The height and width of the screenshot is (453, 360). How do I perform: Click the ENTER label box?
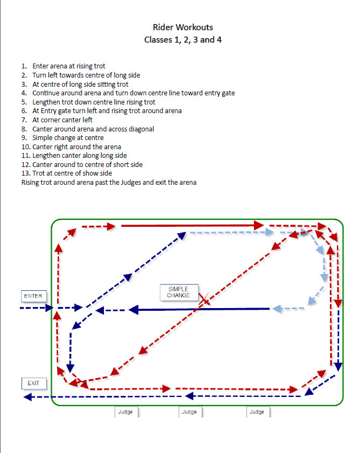point(34,296)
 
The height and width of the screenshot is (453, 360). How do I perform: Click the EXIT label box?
point(34,384)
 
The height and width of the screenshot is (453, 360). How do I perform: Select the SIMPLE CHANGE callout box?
point(179,292)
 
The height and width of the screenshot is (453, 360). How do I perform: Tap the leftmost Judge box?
point(126,412)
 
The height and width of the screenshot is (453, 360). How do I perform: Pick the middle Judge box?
point(190,412)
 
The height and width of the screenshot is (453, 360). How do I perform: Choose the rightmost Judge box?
point(258,412)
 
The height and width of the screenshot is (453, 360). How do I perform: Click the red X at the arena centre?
point(204,299)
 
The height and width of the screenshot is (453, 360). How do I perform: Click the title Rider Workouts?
point(183,27)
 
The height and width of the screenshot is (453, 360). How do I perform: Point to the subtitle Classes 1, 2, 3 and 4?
point(183,39)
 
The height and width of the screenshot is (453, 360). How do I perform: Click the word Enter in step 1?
point(41,66)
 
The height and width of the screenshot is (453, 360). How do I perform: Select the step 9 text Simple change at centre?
point(68,138)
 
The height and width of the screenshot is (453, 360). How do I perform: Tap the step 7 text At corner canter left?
point(62,120)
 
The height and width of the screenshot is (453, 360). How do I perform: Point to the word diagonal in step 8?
point(142,129)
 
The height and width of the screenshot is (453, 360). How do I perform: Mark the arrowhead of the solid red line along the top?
point(259,225)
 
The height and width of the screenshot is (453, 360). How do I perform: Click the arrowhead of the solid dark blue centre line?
point(133,310)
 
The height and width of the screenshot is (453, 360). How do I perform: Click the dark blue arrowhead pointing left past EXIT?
point(27,397)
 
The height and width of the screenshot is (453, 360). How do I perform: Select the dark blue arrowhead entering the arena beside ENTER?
point(50,308)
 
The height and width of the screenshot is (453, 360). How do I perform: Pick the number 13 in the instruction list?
point(25,173)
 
